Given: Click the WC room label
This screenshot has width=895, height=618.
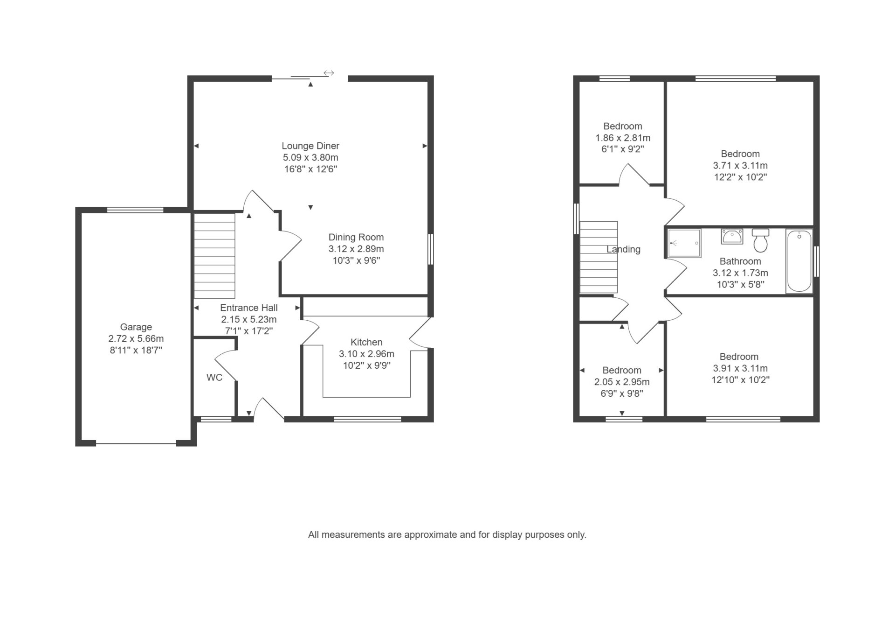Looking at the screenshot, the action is coord(214,377).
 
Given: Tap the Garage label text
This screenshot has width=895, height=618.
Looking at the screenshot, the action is coord(136,327).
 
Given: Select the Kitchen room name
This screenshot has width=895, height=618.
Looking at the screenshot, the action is coord(366,342).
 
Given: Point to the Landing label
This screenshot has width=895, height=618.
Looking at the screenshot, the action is coord(623,249).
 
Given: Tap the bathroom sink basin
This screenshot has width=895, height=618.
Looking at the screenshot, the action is coord(732,237).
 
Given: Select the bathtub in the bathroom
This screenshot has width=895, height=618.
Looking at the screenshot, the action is coord(799,261).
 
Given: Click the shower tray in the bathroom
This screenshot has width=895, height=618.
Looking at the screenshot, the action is coord(684,243).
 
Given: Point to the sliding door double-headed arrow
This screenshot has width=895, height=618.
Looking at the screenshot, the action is coord(329,73).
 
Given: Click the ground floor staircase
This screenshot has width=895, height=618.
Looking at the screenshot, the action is coord(214,256).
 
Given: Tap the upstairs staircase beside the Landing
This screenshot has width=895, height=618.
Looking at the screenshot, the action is coord(599,257).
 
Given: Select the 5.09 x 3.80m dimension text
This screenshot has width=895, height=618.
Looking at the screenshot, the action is coord(310,158).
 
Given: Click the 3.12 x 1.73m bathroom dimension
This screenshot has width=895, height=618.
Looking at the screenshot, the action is coord(740,273).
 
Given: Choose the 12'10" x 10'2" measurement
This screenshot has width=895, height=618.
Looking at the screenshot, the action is coord(740,380).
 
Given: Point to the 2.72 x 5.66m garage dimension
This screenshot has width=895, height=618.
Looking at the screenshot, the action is coord(136,339).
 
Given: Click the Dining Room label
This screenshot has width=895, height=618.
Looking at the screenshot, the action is coord(356,237).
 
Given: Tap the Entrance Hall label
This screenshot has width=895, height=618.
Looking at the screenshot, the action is coord(249,308).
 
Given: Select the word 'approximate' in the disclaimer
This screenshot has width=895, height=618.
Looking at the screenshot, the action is coord(431,535).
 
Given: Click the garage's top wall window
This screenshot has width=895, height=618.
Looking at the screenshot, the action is coord(135,210).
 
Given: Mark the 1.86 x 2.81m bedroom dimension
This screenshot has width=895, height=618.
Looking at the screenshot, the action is coord(623,138).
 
